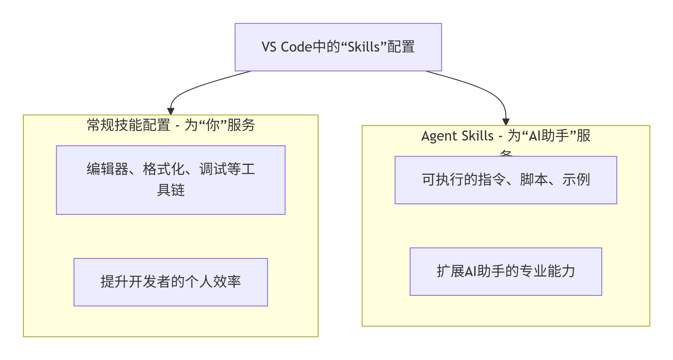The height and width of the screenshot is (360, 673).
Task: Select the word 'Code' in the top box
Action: (x=296, y=47)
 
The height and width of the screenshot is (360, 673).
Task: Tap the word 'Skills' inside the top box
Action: (x=364, y=47)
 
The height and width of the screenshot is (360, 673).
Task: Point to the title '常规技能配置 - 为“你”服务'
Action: (x=171, y=125)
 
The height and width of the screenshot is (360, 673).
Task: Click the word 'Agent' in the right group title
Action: (x=439, y=136)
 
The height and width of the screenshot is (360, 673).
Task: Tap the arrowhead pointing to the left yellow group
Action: (x=171, y=111)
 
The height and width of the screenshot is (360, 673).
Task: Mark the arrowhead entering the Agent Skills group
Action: (x=506, y=122)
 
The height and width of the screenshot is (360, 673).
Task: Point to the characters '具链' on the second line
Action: (x=171, y=190)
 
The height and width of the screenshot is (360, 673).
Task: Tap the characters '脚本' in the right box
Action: (x=534, y=180)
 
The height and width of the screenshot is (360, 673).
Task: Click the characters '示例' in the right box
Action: (x=576, y=180)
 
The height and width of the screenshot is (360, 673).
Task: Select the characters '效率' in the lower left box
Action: (x=227, y=282)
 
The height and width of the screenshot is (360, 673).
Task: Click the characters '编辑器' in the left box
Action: (x=107, y=169)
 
